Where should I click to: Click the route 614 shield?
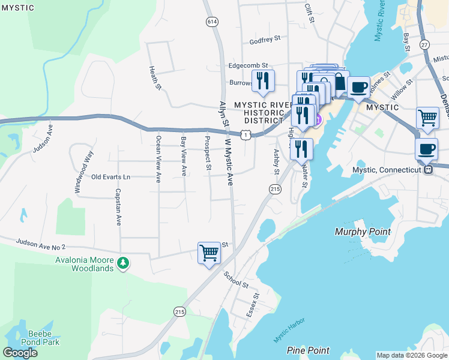pyautogui.click(x=211, y=22)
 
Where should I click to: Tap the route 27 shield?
pyautogui.click(x=425, y=44)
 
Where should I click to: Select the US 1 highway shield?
pyautogui.click(x=246, y=136)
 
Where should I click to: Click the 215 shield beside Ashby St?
pyautogui.click(x=275, y=189)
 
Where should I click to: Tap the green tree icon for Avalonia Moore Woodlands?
pyautogui.click(x=122, y=263)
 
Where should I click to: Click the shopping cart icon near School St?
pyautogui.click(x=209, y=253)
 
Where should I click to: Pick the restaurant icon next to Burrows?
pyautogui.click(x=262, y=80)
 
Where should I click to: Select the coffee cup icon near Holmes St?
pyautogui.click(x=358, y=86)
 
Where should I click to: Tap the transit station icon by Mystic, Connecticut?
pyautogui.click(x=429, y=170)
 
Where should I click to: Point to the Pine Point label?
pyautogui.click(x=308, y=350)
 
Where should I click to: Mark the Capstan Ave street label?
pyautogui.click(x=118, y=207)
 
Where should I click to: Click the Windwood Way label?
pyautogui.click(x=83, y=172)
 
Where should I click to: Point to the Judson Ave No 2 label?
pyautogui.click(x=40, y=244)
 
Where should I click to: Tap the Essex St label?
pyautogui.click(x=254, y=305)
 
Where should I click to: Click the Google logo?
pyautogui.click(x=21, y=353)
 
